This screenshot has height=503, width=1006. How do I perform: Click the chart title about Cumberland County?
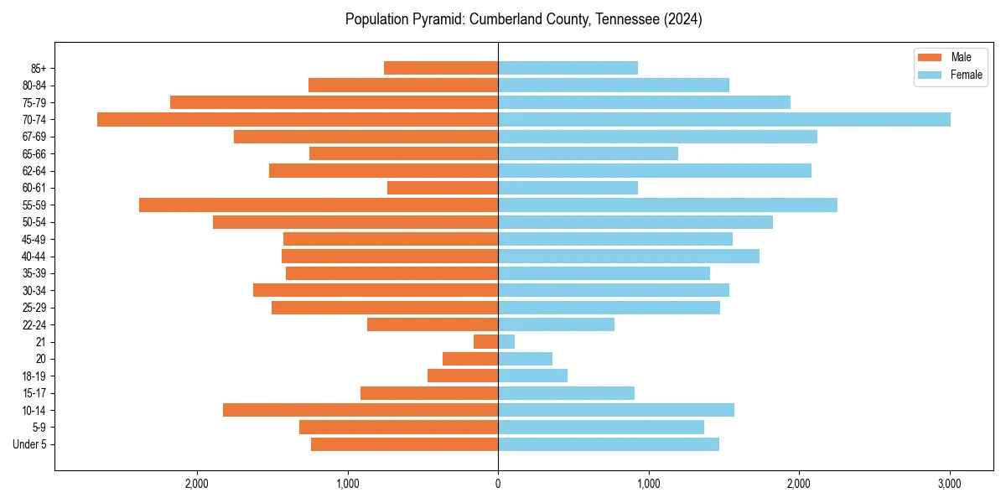[x=523, y=19]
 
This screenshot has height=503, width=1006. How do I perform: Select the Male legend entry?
[x=961, y=57]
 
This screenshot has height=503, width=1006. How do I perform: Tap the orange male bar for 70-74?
[x=298, y=119]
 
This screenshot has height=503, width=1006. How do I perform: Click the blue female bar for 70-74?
[x=724, y=119]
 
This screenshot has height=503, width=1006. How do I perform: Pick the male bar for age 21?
[x=486, y=341]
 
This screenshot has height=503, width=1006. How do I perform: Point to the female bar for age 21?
[x=506, y=341]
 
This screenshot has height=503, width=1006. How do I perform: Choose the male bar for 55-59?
[x=319, y=205]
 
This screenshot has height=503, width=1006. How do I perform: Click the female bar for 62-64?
[x=655, y=170]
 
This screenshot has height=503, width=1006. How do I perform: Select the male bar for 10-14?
[x=360, y=410]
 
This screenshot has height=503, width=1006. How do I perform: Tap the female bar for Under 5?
[x=609, y=444]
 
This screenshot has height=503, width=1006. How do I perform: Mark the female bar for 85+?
[x=568, y=68]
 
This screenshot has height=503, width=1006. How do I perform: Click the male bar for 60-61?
[x=443, y=188]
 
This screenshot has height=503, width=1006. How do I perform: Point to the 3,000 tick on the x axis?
[x=949, y=484]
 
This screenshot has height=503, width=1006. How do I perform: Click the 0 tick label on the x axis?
[x=498, y=484]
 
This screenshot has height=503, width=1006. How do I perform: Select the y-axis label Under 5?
[x=29, y=444]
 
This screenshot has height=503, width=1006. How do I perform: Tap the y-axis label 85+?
[x=38, y=68]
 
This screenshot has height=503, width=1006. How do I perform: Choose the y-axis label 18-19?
[x=34, y=376]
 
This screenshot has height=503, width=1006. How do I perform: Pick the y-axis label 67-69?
[x=34, y=137]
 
